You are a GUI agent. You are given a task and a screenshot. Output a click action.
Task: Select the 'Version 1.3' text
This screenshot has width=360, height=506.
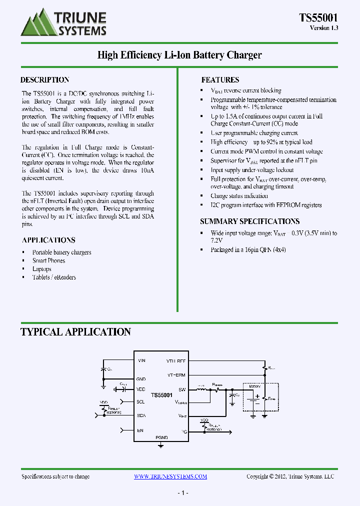pos(324,28)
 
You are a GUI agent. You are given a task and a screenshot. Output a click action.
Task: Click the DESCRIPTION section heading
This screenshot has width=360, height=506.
pos(44,80)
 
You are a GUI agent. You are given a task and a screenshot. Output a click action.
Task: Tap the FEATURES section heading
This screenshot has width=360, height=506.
pos(220,80)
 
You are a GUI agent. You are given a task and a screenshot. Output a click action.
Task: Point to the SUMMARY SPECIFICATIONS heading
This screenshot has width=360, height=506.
pos(250,221)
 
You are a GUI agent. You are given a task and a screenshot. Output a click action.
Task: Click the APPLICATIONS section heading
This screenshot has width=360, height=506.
pos(48,240)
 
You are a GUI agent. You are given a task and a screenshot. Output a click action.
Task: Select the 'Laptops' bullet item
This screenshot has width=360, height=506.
pos(41,269)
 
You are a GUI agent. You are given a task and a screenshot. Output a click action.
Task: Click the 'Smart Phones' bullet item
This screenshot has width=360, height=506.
pos(48,260)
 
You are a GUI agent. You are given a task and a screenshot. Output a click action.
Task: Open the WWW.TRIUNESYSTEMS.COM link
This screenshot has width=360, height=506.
pos(170,476)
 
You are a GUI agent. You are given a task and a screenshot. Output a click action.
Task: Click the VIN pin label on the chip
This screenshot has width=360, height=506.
pos(141,360)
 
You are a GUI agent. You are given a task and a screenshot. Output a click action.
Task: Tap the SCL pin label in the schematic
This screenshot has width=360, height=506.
pos(140,401)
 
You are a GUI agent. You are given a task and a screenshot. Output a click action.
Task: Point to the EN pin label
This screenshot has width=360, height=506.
pos(140,430)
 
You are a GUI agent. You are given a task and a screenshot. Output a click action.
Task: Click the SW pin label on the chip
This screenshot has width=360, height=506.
pos(182,389)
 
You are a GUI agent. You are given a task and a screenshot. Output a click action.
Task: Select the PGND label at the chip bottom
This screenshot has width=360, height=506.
pos(161,437)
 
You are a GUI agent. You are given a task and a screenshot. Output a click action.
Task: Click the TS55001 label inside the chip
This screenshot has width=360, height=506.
pos(161,395)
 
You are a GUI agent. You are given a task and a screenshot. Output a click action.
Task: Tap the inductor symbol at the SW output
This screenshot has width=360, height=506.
pos(201,389)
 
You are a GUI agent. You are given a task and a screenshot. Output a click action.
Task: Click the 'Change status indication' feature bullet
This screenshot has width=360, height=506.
pos(239,196)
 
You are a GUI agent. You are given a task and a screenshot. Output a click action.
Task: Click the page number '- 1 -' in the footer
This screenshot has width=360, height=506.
pos(182,493)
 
